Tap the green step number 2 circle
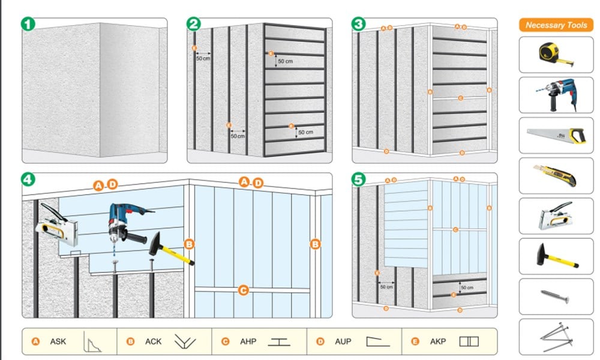click(193, 24)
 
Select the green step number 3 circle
click(358, 24)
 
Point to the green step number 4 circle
click(28, 179)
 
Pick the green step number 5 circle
click(358, 179)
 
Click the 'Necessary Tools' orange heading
click(556, 25)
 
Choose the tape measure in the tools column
click(555, 53)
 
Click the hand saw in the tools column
click(555, 135)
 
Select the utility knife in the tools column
click(555, 176)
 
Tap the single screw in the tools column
click(555, 296)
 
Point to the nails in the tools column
click(555, 336)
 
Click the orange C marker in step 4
click(244, 291)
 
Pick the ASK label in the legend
click(58, 341)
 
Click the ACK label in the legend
click(153, 341)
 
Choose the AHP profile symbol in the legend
click(279, 341)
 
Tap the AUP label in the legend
click(343, 341)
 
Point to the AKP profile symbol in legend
click(469, 341)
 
